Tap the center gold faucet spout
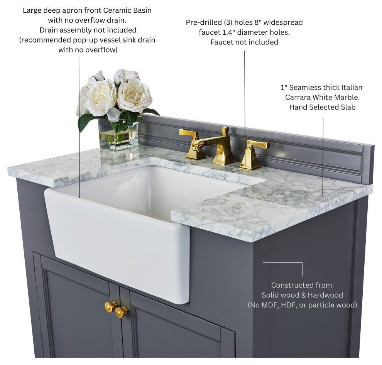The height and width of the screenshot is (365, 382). point(216,146)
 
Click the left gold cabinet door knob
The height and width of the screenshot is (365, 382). point(111,306)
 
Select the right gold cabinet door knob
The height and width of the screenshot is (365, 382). point(121,312)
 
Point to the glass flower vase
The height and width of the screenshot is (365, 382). point(118,135)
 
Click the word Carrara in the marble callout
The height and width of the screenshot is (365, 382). point(298,98)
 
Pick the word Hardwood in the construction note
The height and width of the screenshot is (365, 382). point(325,295)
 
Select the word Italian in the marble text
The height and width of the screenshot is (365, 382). point(352,88)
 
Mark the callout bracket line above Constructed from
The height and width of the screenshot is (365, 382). point(283,263)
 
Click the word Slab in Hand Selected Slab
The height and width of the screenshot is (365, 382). point(348,107)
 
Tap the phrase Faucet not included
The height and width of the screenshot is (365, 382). point(244,42)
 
